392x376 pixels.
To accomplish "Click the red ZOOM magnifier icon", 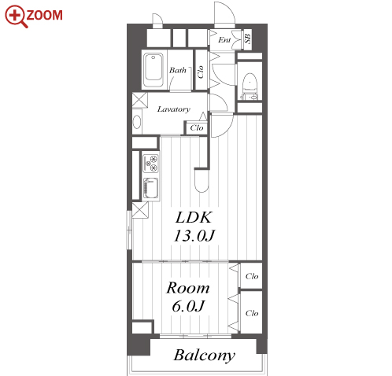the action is point(15,16).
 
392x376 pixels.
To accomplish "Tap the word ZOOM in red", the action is point(44,15).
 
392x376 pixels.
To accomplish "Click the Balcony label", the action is point(204,356).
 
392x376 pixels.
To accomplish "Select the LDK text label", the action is point(194,218).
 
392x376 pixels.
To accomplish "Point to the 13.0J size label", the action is point(194,235).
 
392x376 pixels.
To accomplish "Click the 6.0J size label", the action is point(188,306).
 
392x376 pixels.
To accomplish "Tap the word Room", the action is point(188,288).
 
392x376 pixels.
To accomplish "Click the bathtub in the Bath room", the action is point(153,70).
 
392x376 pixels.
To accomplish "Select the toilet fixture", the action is point(250,87).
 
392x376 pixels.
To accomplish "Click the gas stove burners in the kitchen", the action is point(150,163).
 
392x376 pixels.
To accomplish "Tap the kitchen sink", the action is point(150,188).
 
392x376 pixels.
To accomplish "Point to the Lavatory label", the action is point(174,109).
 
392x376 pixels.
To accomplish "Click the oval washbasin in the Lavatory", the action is point(137,122).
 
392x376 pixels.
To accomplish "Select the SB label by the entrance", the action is point(248,39).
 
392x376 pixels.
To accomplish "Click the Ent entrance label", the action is point(224,40).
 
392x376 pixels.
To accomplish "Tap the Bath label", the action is point(178,70).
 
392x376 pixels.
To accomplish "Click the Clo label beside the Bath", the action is point(201,72).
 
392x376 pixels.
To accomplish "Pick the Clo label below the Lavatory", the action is point(197,128).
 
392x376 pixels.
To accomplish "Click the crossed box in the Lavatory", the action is point(139,100).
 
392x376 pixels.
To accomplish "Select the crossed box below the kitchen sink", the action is point(140,210).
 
